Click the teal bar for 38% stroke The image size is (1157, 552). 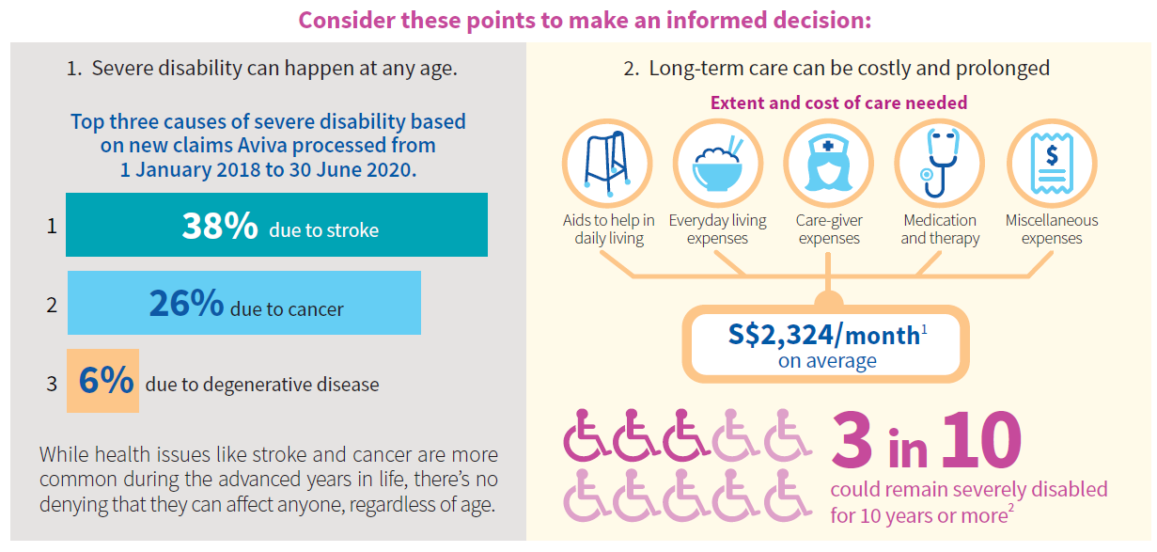point(276,225)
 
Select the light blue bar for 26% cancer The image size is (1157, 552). point(243,303)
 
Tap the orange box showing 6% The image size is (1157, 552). point(102,381)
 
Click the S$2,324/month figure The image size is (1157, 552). point(824,335)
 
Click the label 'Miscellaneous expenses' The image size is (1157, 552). point(1051,229)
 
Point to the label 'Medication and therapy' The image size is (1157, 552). point(940,229)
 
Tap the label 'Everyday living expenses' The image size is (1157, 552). point(717,229)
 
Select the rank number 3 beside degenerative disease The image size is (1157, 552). point(52,383)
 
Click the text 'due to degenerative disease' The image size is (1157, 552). point(262,384)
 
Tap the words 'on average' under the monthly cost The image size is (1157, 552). point(827,361)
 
